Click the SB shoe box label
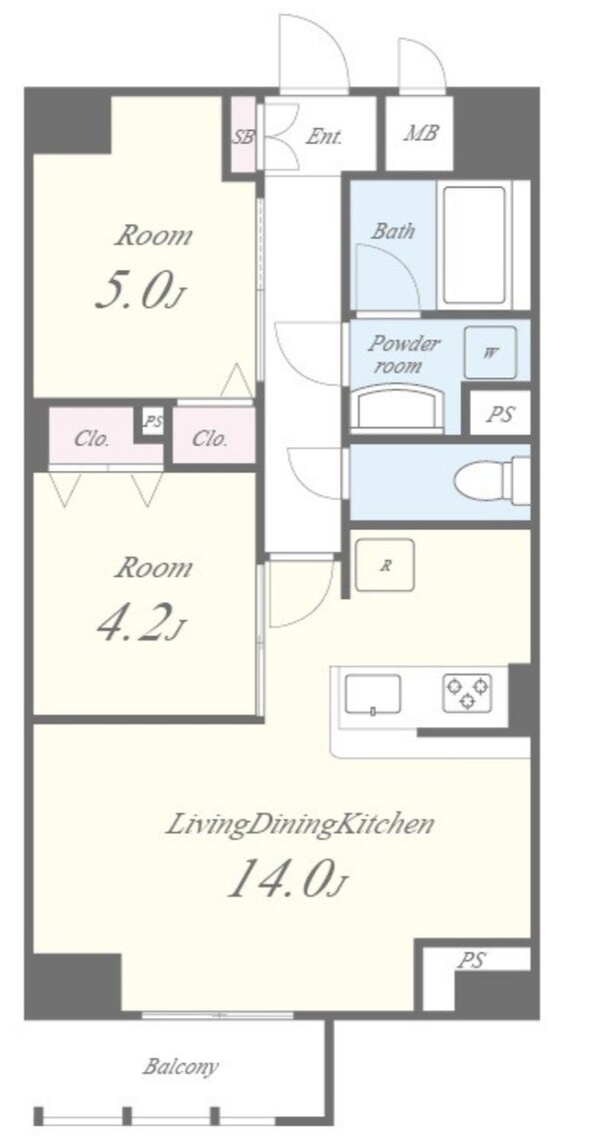(x=244, y=137)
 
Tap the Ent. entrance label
(x=323, y=136)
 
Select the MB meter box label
(x=420, y=134)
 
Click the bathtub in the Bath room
(x=474, y=245)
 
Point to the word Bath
(x=393, y=232)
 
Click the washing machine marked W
(x=490, y=352)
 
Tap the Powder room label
(x=403, y=353)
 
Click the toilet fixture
(x=491, y=481)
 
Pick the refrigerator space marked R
(x=384, y=564)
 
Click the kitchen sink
(x=372, y=695)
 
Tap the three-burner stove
(x=467, y=693)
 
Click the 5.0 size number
(x=138, y=288)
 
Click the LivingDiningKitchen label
(x=300, y=825)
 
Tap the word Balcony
(x=180, y=1067)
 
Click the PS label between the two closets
(x=153, y=421)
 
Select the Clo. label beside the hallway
(x=211, y=439)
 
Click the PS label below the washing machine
(x=499, y=414)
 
